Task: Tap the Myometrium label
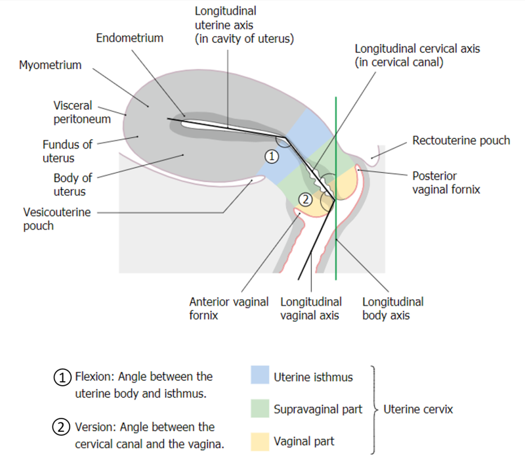click(51, 65)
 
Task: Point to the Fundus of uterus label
click(68, 151)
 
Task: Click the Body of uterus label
click(73, 185)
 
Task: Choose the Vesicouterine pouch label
click(56, 219)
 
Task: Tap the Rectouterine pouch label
click(461, 141)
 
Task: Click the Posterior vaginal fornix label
click(446, 183)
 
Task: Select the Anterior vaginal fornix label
click(228, 308)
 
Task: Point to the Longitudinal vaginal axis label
click(311, 308)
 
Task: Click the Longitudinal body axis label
click(392, 308)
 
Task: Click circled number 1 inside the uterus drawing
click(272, 156)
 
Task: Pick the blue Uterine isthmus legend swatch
click(261, 376)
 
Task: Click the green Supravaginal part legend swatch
click(261, 409)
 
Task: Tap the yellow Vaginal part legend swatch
click(261, 441)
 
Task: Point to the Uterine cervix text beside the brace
click(418, 409)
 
